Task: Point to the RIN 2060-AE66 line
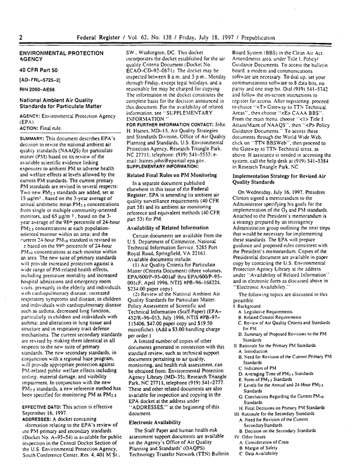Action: pyautogui.click(x=39, y=94)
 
